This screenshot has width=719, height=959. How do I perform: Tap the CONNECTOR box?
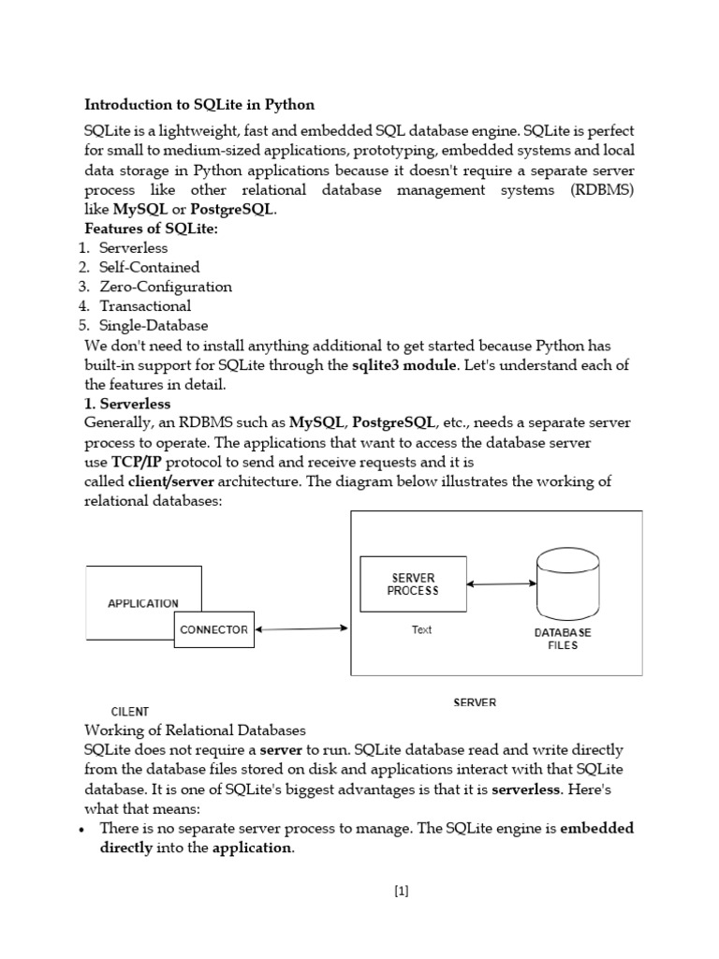tap(213, 629)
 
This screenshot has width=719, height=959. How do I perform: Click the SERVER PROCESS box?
tap(413, 584)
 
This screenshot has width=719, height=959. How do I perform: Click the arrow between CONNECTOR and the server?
tap(301, 629)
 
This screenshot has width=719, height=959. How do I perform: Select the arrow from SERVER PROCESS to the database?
tap(501, 584)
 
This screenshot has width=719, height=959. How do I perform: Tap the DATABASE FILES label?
tap(563, 639)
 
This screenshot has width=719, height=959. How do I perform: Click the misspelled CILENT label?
tap(130, 712)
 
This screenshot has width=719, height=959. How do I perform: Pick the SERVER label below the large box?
tap(475, 702)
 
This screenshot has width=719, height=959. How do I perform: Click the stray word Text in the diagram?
tap(422, 630)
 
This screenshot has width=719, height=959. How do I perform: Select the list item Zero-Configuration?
tap(166, 287)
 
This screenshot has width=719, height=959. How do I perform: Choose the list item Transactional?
tap(145, 306)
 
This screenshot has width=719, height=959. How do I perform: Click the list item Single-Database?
tap(154, 326)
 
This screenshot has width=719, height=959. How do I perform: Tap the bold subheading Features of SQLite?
tap(151, 229)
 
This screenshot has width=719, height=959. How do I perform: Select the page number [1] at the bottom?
tap(402, 892)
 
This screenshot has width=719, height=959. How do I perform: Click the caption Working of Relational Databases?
tap(195, 730)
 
